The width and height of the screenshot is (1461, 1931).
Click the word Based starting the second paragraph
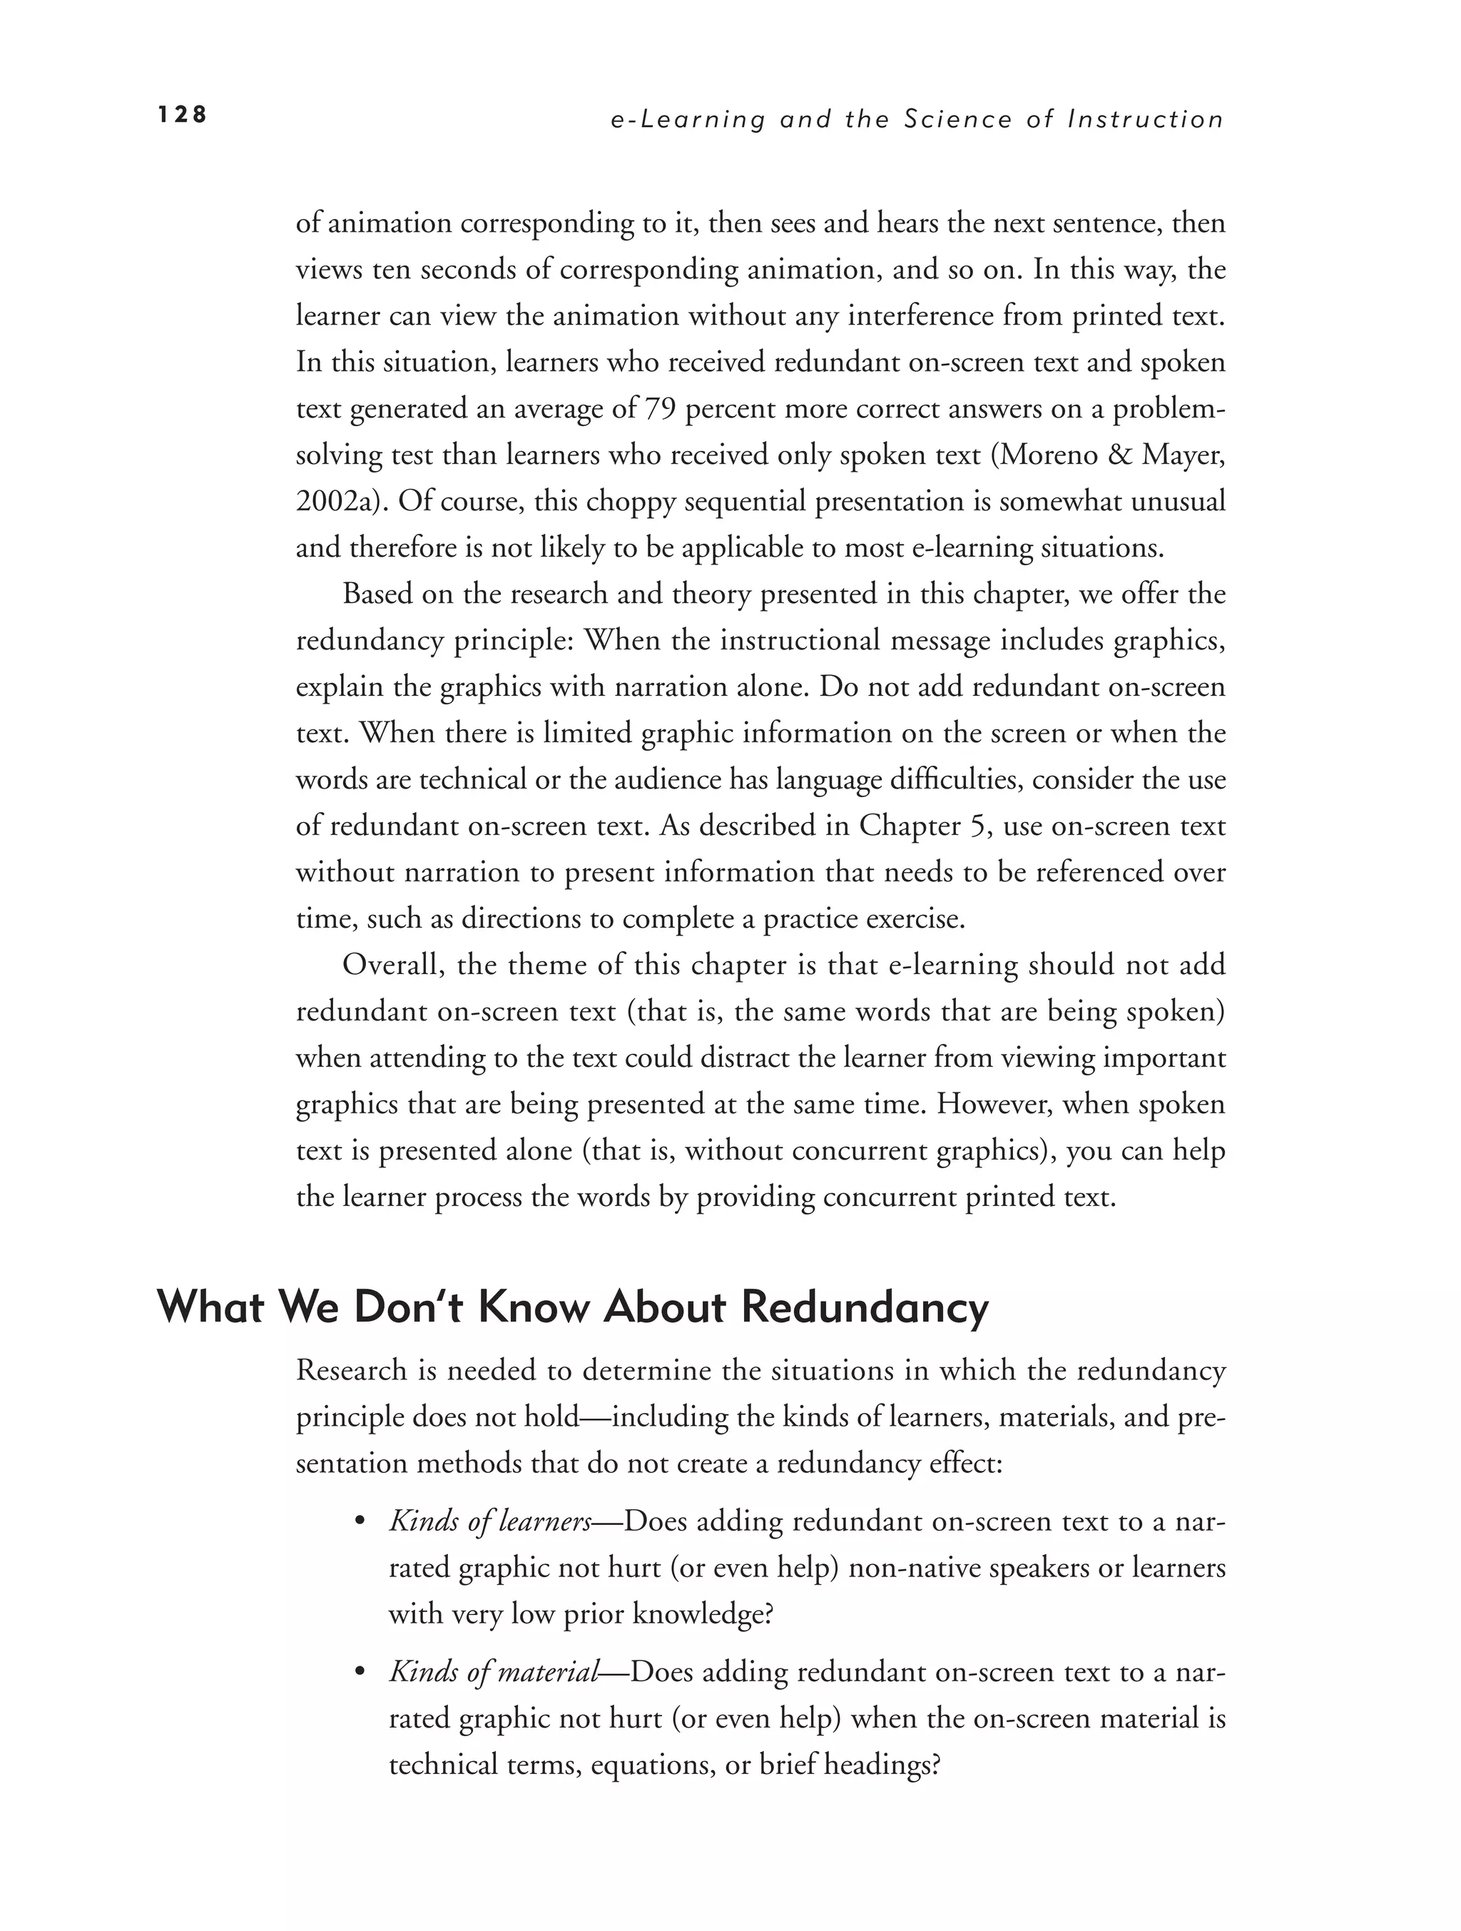pos(377,594)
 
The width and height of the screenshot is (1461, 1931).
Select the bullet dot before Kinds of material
pos(359,1674)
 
